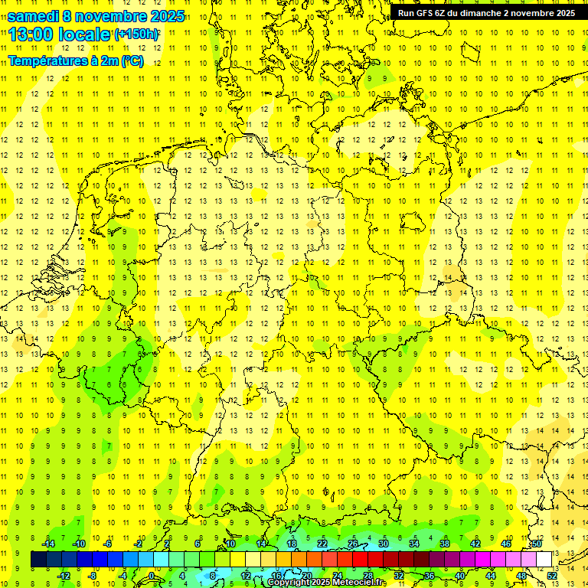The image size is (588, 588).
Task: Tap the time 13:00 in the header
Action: click(x=30, y=34)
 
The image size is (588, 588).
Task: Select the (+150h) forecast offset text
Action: click(x=137, y=34)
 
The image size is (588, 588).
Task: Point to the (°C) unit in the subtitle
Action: click(x=132, y=61)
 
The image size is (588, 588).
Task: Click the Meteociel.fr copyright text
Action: click(x=327, y=583)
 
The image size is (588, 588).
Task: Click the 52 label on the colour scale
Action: click(x=552, y=575)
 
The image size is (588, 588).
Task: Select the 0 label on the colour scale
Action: click(x=152, y=575)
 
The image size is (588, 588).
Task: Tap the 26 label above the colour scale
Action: click(x=353, y=544)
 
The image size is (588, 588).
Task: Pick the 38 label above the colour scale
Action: click(x=445, y=544)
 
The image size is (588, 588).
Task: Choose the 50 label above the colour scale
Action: click(x=537, y=544)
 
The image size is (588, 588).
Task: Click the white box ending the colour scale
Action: click(x=544, y=560)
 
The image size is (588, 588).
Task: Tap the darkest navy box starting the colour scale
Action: click(x=38, y=560)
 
